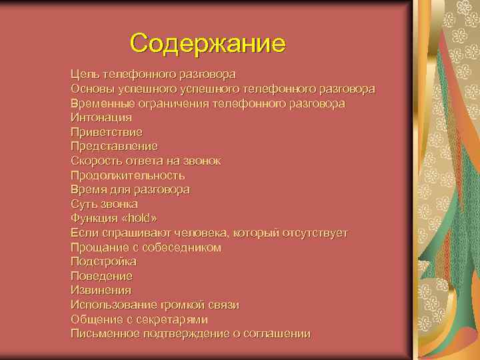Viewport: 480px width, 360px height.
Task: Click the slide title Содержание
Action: [x=208, y=43]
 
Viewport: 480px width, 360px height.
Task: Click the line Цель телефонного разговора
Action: [x=153, y=74]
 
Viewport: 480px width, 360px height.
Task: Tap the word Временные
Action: [x=103, y=103]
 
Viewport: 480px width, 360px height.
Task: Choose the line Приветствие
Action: [x=107, y=132]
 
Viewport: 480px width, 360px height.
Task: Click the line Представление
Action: [x=114, y=146]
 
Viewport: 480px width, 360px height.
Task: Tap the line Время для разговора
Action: [x=130, y=189]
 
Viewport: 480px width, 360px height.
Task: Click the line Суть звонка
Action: [x=104, y=204]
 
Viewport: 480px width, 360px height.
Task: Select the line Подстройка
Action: [x=103, y=262]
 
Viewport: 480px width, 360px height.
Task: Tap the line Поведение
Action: [x=101, y=276]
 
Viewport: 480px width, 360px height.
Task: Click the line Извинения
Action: [x=101, y=291]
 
